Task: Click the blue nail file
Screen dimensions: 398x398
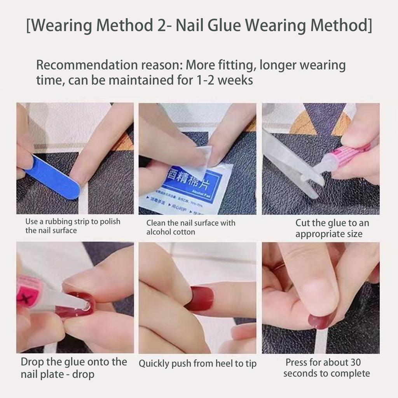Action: click(52, 177)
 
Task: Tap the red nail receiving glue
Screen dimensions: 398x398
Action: click(78, 305)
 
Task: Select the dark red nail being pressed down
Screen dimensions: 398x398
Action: click(321, 320)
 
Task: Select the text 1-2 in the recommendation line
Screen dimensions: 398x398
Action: click(202, 80)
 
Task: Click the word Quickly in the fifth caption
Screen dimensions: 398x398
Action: click(154, 364)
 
